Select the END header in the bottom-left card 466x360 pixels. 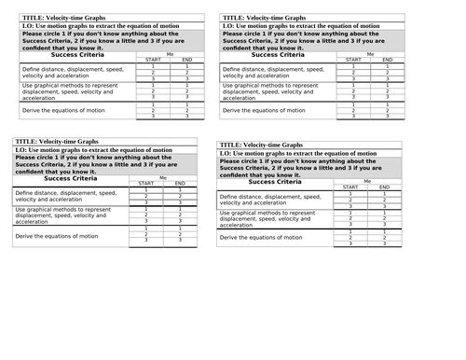(180, 184)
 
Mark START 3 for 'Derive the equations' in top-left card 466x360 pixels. (152, 116)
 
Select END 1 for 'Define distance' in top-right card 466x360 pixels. (388, 66)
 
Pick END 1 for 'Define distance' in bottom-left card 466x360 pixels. (180, 190)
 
